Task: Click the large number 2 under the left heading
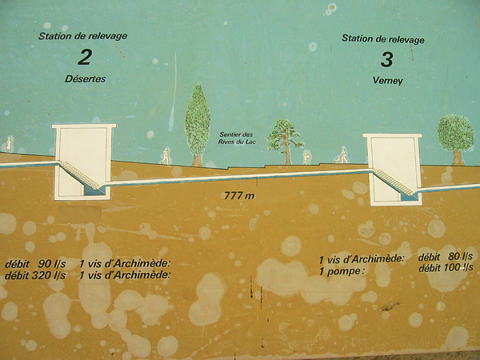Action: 85,58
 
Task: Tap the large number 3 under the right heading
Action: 386,60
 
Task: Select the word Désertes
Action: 85,79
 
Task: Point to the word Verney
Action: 387,81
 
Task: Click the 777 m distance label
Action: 239,195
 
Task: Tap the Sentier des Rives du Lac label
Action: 237,138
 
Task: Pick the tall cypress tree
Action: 198,124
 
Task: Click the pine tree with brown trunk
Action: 286,142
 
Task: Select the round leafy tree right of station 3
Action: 455,139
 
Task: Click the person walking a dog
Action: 342,155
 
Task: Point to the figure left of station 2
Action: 9,145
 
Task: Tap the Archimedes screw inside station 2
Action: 80,176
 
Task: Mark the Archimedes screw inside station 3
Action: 394,182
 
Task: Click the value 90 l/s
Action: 52,263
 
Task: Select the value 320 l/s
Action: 49,275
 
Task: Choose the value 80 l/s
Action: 461,256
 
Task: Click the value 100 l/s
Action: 458,267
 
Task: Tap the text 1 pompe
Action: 342,272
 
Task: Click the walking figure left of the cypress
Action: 166,156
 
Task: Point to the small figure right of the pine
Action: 306,158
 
